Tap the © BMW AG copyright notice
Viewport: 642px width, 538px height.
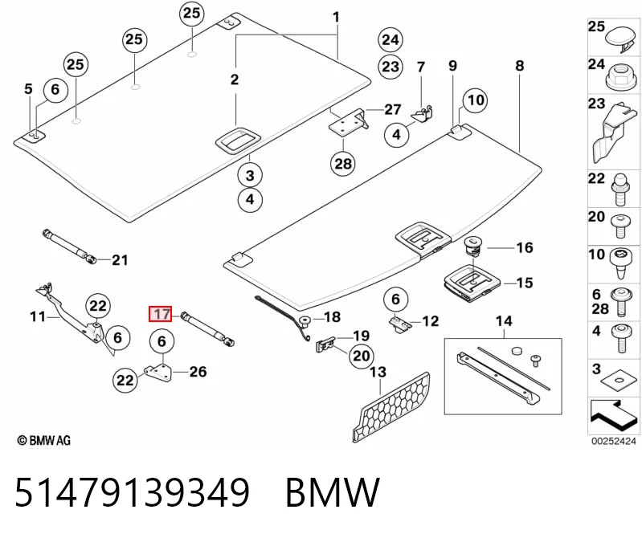[x=44, y=440]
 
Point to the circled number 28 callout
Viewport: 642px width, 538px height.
[x=343, y=164]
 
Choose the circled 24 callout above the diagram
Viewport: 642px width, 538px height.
[x=391, y=39]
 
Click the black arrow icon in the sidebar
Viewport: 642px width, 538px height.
[x=613, y=416]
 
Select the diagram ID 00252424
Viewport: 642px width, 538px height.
[x=613, y=441]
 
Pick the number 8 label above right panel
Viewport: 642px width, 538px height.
[x=519, y=66]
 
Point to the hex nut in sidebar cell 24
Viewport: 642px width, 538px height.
[x=620, y=77]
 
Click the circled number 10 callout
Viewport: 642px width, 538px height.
[x=476, y=100]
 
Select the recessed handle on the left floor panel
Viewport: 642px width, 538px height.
[x=238, y=141]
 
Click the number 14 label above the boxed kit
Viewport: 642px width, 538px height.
[x=504, y=320]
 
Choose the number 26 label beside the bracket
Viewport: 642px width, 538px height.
[x=198, y=372]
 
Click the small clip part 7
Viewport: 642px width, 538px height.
[x=423, y=113]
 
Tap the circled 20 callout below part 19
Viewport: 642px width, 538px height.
[x=361, y=356]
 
